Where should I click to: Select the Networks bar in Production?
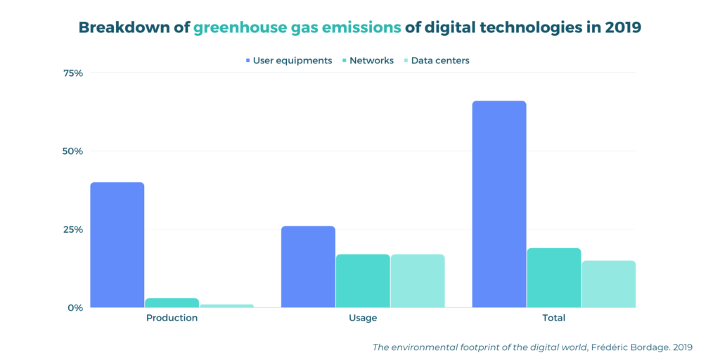(172, 302)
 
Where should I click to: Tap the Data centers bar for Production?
(226, 305)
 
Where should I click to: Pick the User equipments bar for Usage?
(308, 266)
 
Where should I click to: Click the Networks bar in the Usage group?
(363, 281)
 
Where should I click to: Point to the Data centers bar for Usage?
(418, 281)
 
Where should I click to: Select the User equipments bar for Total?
(499, 204)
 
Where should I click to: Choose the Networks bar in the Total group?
(554, 278)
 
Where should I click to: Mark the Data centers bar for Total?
(608, 284)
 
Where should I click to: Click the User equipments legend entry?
(288, 60)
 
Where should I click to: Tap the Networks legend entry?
(366, 60)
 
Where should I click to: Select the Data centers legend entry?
(436, 60)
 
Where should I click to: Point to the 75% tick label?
(73, 73)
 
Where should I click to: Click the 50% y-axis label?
(73, 151)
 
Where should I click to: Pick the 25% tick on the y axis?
(73, 229)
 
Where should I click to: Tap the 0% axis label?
(75, 307)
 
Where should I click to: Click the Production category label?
(172, 318)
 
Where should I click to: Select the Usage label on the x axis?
(363, 318)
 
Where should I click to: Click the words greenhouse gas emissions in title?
(297, 27)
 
